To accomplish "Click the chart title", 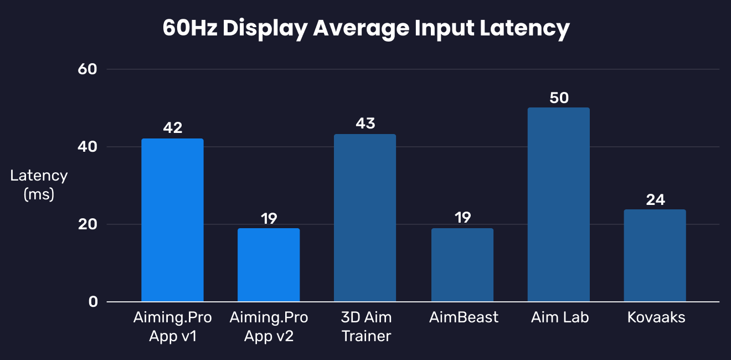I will pyautogui.click(x=366, y=28).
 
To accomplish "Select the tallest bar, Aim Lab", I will pyautogui.click(x=558, y=204).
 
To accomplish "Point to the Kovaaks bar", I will pyautogui.click(x=655, y=255).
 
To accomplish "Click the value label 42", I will pyautogui.click(x=173, y=128).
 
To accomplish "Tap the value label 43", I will pyautogui.click(x=365, y=124).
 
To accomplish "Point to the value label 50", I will pyautogui.click(x=559, y=97).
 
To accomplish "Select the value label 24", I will pyautogui.click(x=655, y=199).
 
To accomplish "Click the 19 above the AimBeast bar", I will pyautogui.click(x=462, y=218).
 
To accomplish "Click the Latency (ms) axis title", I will pyautogui.click(x=39, y=185).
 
